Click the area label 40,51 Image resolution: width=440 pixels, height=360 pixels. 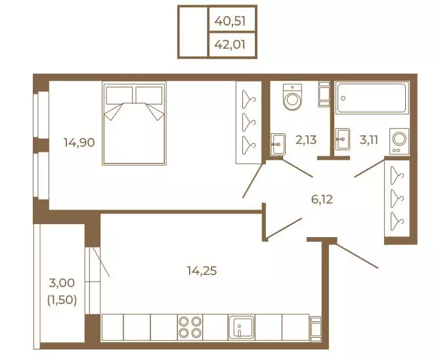tap(230, 21)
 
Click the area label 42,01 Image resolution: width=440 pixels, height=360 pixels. tap(230, 45)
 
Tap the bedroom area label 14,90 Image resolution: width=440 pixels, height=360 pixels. tap(79, 143)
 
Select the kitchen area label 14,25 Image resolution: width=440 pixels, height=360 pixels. tap(202, 271)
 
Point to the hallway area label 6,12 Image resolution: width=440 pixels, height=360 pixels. tap(322, 200)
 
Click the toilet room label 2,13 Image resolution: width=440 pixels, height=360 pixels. tap(306, 139)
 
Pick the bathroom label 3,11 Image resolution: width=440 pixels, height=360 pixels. tap(369, 139)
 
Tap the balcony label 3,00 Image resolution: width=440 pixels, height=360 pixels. tap(62, 282)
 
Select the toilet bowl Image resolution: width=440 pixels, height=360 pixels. tap(292, 97)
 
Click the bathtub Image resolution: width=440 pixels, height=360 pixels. tap(372, 98)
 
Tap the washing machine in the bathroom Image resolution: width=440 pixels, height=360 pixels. tap(399, 141)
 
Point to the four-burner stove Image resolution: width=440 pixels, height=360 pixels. tap(190, 327)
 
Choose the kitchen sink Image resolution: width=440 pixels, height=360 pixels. tap(242, 327)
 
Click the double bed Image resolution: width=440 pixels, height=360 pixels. tap(134, 123)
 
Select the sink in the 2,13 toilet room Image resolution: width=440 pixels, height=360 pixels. tap(278, 145)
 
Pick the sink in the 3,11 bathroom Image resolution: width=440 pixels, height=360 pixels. tap(343, 139)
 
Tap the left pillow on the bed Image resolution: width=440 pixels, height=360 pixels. tap(120, 95)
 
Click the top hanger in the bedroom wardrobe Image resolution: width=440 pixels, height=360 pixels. tap(249, 99)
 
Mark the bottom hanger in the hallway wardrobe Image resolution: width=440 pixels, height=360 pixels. tap(397, 221)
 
